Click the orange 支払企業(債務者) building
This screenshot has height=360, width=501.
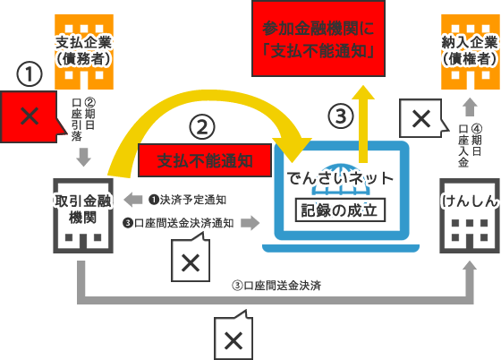click(84, 52)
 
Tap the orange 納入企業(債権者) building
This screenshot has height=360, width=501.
click(471, 52)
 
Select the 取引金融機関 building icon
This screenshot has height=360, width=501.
click(83, 216)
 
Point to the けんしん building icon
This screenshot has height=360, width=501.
click(470, 216)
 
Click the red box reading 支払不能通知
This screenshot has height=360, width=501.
click(205, 160)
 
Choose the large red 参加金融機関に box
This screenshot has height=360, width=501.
click(318, 39)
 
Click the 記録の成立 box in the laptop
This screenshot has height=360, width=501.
click(340, 210)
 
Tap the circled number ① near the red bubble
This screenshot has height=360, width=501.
click(30, 74)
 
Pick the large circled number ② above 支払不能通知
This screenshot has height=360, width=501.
click(202, 127)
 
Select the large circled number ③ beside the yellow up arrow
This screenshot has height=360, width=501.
click(341, 116)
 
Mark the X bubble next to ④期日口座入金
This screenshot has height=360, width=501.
click(421, 118)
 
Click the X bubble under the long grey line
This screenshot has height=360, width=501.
click(234, 339)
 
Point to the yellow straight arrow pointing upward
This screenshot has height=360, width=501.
click(362, 124)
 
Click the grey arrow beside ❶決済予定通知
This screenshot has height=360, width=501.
click(133, 200)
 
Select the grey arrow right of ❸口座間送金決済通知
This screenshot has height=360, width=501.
click(250, 223)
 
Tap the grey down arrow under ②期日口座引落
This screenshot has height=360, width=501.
click(84, 157)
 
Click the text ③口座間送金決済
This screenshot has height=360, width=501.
click(276, 286)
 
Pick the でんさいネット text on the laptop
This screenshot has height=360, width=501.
click(340, 178)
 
